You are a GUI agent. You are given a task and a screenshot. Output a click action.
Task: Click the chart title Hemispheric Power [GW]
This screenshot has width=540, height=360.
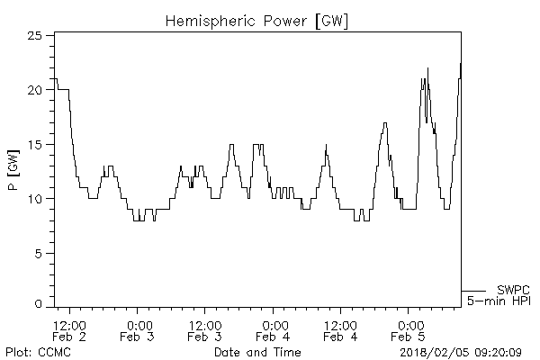pos(257,19)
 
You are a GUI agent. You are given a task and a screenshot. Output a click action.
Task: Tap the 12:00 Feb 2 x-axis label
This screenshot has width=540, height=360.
pos(70,330)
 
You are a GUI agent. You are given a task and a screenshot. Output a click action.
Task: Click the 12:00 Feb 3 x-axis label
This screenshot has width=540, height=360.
pos(205,330)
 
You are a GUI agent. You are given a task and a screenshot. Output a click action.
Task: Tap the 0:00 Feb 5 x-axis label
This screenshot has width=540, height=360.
pos(409,330)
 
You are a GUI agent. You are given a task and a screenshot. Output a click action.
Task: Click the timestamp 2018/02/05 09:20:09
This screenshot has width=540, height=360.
pos(465,352)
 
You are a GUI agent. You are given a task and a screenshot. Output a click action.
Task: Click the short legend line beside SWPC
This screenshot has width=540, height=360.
pos(473,290)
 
